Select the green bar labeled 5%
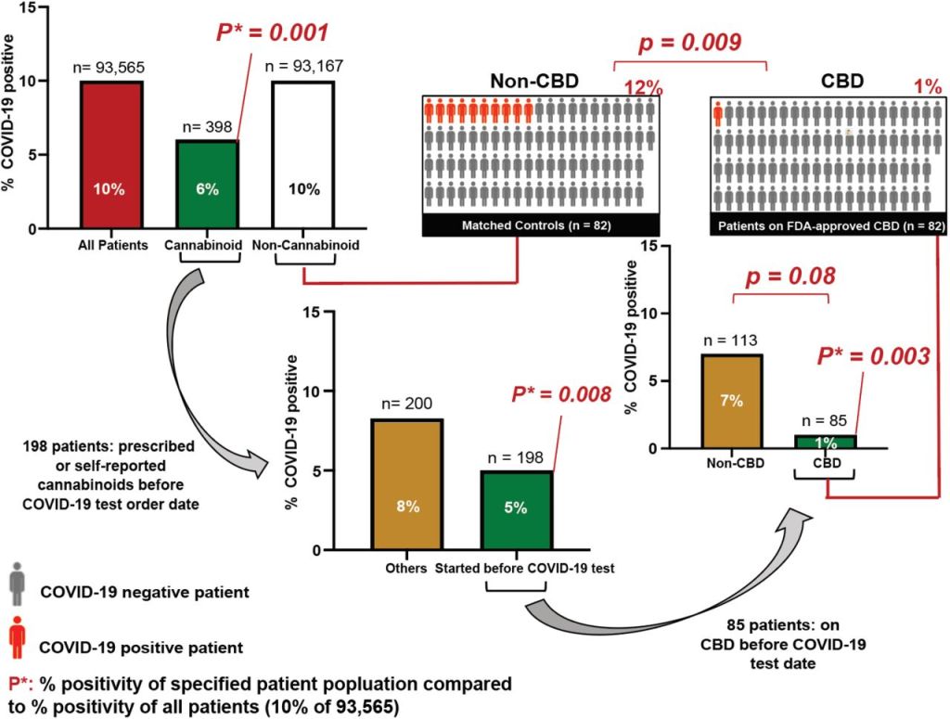tap(516, 509)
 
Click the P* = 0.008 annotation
tap(562, 394)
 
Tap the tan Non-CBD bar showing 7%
tap(725, 401)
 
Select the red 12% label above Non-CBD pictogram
tap(643, 89)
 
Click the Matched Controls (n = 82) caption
tap(540, 226)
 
